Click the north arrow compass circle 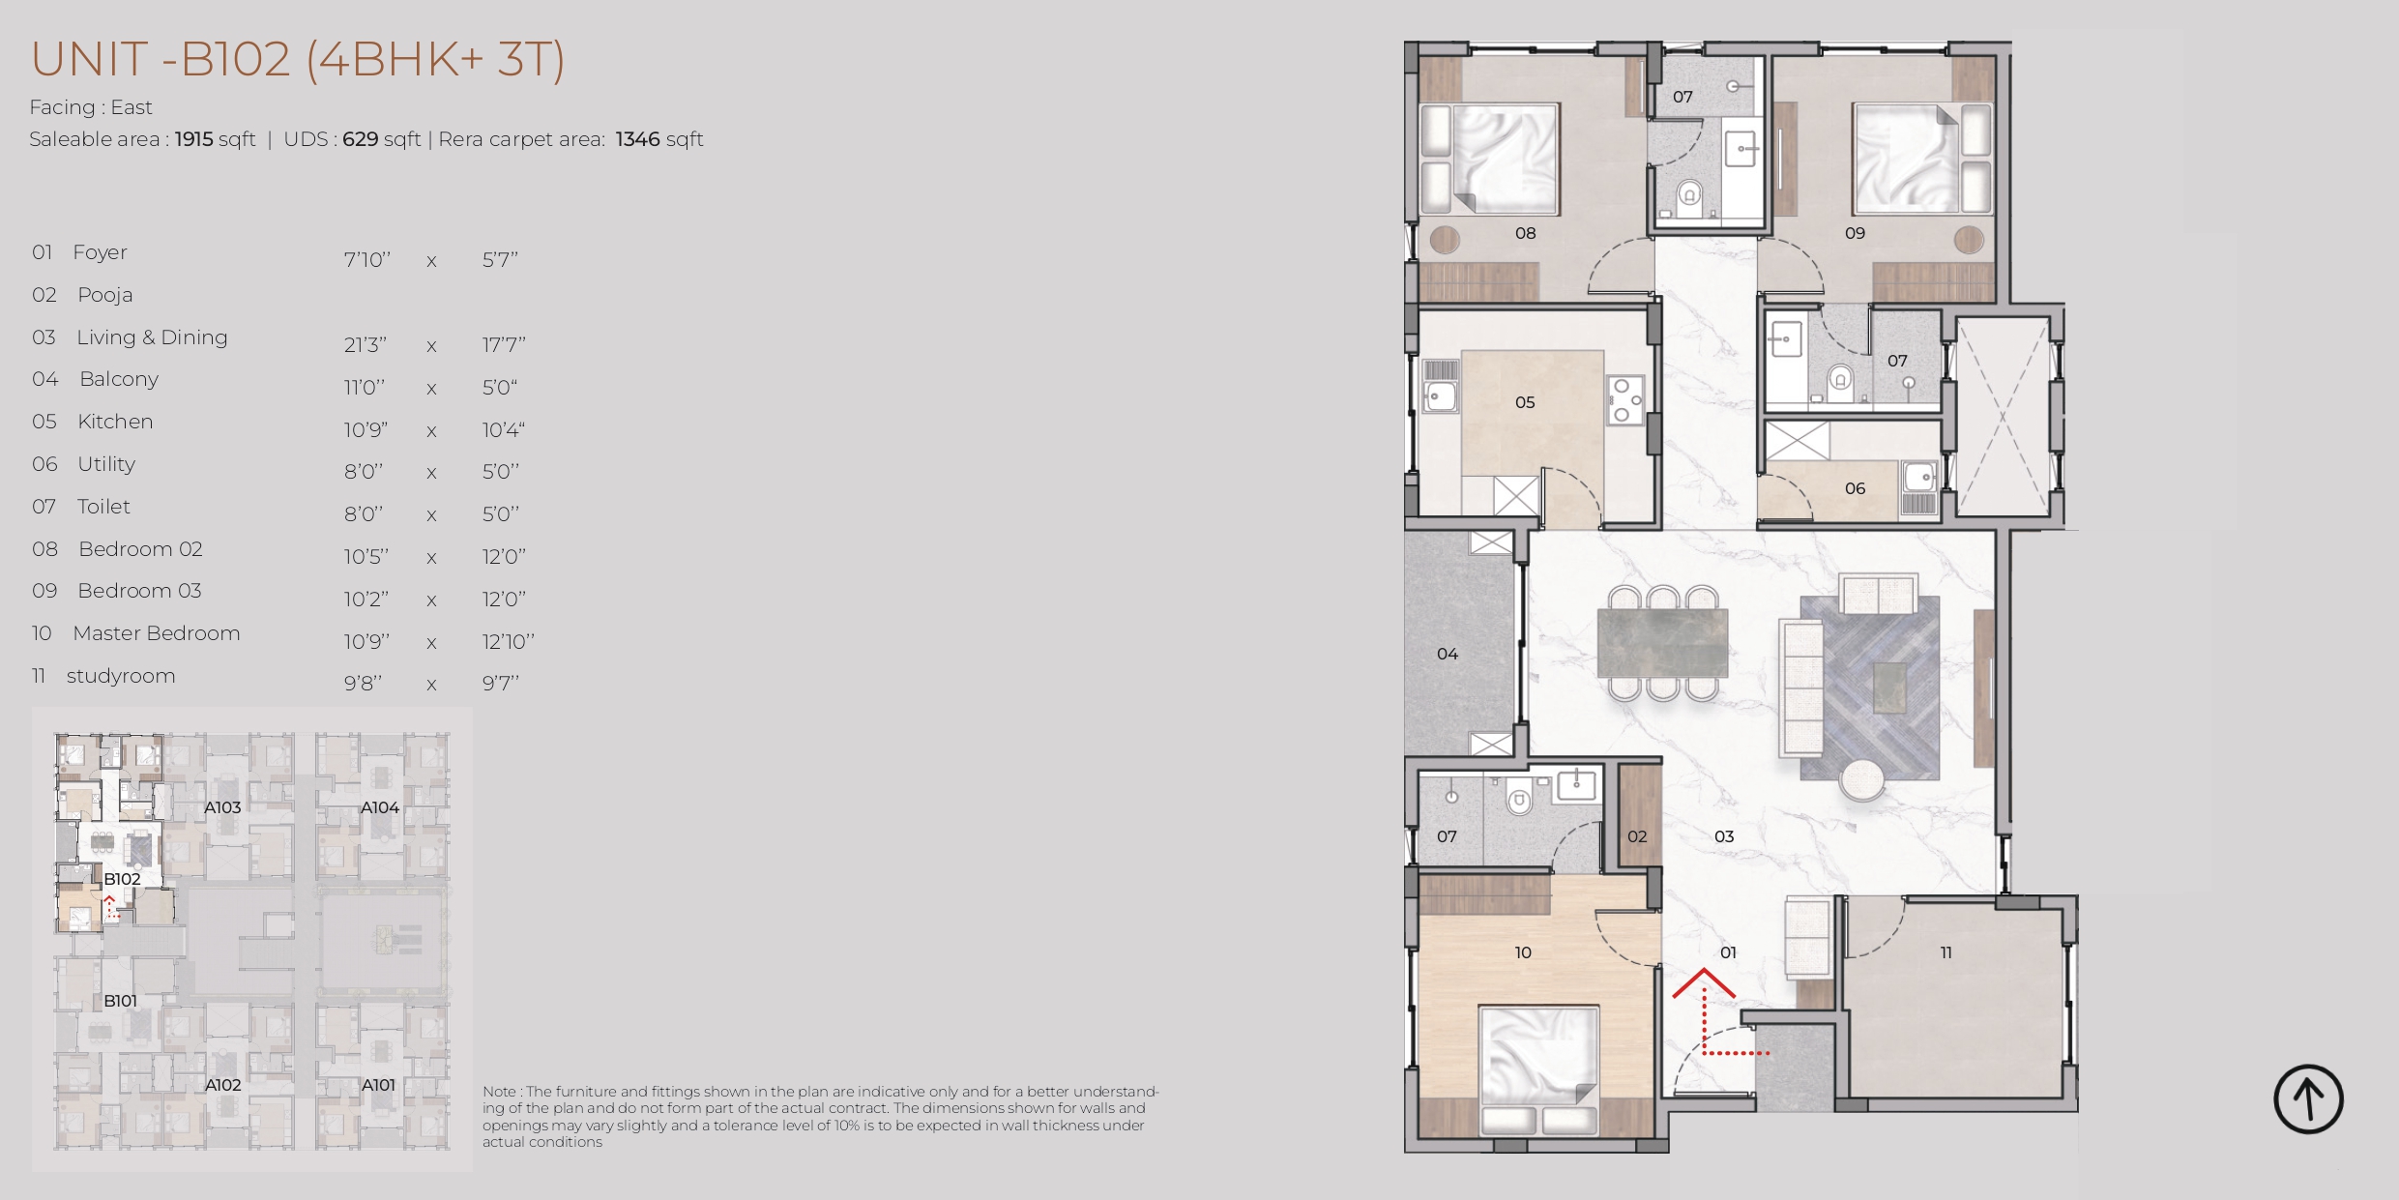pos(2308,1099)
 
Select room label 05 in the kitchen pos(1525,402)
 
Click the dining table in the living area pos(1662,642)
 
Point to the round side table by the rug pos(1861,779)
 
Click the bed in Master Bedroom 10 pos(1538,1068)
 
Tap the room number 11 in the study pos(1946,952)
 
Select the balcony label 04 pos(1448,654)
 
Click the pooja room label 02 pos(1637,836)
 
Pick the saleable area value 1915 pos(193,139)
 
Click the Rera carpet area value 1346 pos(637,139)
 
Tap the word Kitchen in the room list pos(115,422)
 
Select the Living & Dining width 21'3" pos(366,344)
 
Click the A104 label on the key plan pos(380,807)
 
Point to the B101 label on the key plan pos(121,1001)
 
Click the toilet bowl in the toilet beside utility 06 pos(1840,378)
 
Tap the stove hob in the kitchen pos(1623,400)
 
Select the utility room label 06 pos(1855,488)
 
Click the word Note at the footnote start pos(500,1092)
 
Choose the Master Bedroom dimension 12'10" pos(508,641)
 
